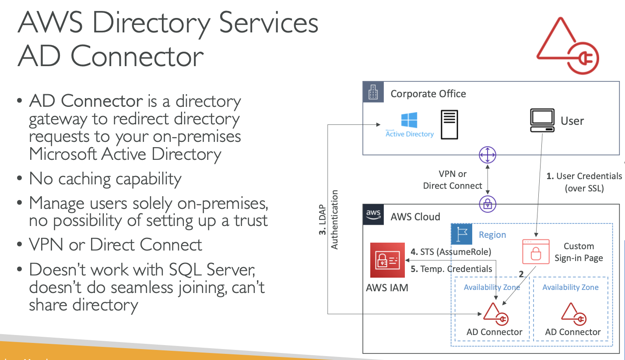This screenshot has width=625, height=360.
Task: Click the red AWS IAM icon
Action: pyautogui.click(x=387, y=260)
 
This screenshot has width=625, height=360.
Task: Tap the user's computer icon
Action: pyautogui.click(x=542, y=120)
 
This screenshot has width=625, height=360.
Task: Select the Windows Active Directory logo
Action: pyautogui.click(x=409, y=120)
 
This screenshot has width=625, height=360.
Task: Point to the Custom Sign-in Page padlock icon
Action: pyautogui.click(x=536, y=252)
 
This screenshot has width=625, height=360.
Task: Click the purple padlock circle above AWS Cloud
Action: pyautogui.click(x=487, y=203)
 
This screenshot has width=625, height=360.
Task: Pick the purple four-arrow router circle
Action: pyautogui.click(x=487, y=155)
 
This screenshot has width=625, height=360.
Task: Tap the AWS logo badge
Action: pyautogui.click(x=373, y=215)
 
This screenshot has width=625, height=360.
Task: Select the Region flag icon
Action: pyautogui.click(x=462, y=234)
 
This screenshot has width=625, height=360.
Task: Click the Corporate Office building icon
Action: pyautogui.click(x=373, y=93)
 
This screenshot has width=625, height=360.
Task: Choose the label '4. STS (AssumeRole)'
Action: pyautogui.click(x=451, y=252)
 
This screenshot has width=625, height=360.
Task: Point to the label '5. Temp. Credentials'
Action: pyautogui.click(x=451, y=269)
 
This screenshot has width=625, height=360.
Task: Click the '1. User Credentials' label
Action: pyautogui.click(x=584, y=176)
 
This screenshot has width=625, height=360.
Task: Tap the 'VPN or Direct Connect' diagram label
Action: pyautogui.click(x=453, y=180)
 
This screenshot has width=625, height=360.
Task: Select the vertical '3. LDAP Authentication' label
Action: pyautogui.click(x=328, y=219)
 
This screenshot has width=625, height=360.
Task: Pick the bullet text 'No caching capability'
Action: pyautogui.click(x=105, y=179)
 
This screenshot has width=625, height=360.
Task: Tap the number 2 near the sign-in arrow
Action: pyautogui.click(x=521, y=275)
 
